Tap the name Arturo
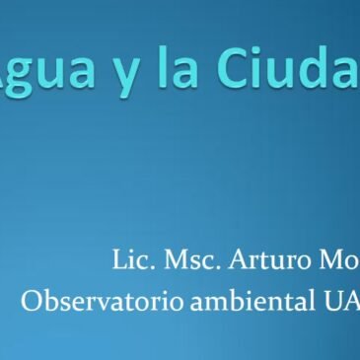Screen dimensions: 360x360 tap(267, 262)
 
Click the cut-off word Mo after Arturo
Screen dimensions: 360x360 tap(339, 262)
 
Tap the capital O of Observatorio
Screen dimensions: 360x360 tap(30, 300)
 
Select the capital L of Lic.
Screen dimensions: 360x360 tap(118, 262)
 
